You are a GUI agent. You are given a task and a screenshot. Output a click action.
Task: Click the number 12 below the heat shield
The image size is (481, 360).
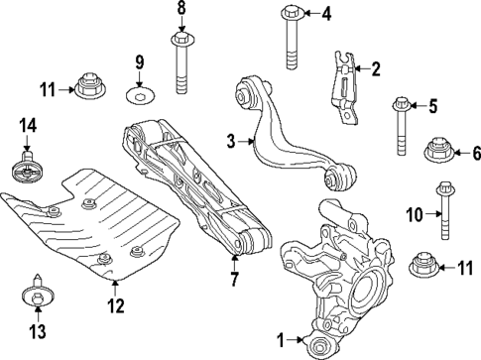point(117,305)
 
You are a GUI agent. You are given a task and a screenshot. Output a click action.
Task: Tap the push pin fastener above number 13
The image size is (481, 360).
point(37,295)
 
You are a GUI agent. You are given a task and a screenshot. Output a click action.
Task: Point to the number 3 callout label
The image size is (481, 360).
point(231,143)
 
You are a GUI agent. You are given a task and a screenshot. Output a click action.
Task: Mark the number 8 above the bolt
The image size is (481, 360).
point(181,10)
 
